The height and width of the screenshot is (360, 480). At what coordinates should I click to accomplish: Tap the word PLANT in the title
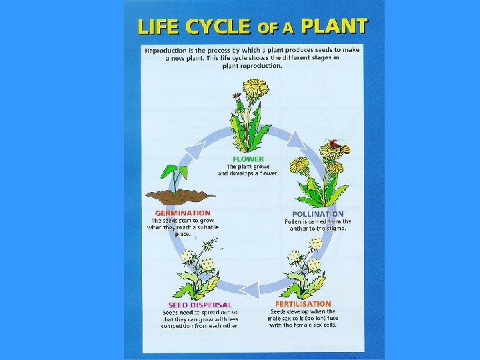[x=334, y=27]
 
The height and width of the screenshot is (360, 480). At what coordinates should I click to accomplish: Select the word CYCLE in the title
[x=216, y=28]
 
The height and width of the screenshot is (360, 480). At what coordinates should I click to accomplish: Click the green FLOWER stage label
[x=248, y=159]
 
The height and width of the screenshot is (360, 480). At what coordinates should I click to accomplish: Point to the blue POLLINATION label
[x=318, y=214]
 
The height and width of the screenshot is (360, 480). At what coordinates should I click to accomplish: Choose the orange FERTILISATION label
[x=303, y=303]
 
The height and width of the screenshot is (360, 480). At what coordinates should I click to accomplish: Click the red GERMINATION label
[x=183, y=213]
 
